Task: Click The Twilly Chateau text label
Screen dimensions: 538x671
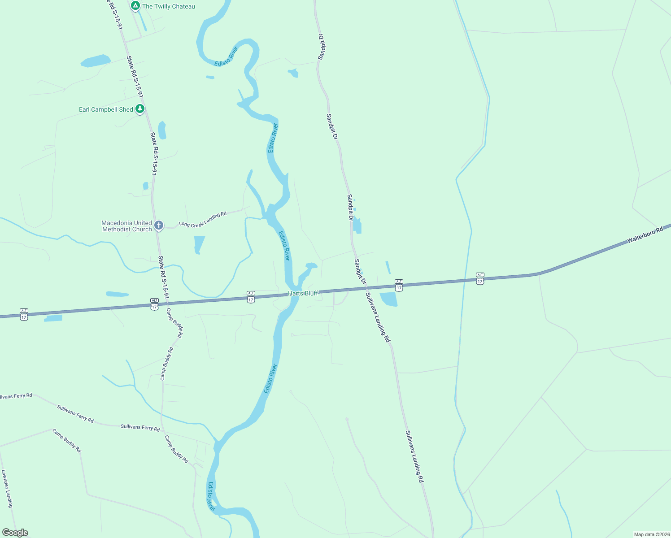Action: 168,6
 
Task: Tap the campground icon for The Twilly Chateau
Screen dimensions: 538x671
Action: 135,6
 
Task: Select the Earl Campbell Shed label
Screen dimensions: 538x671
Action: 106,109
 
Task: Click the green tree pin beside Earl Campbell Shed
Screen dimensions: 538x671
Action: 140,108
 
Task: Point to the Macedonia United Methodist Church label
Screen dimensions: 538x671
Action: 126,226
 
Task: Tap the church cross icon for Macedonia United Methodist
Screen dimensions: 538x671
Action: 158,225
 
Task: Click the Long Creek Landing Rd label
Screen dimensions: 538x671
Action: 203,219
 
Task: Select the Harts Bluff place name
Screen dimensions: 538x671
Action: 303,293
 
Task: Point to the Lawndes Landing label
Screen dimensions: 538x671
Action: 7,489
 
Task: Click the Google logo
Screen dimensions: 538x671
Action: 15,533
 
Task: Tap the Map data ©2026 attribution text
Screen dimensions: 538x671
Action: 652,534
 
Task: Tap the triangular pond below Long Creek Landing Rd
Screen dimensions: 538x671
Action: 199,244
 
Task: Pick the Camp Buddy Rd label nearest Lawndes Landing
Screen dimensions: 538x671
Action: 66,440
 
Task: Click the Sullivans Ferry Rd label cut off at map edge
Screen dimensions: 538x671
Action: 16,396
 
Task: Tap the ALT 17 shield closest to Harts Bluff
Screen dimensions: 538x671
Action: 251,297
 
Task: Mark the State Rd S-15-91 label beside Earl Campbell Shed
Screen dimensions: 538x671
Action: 135,77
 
